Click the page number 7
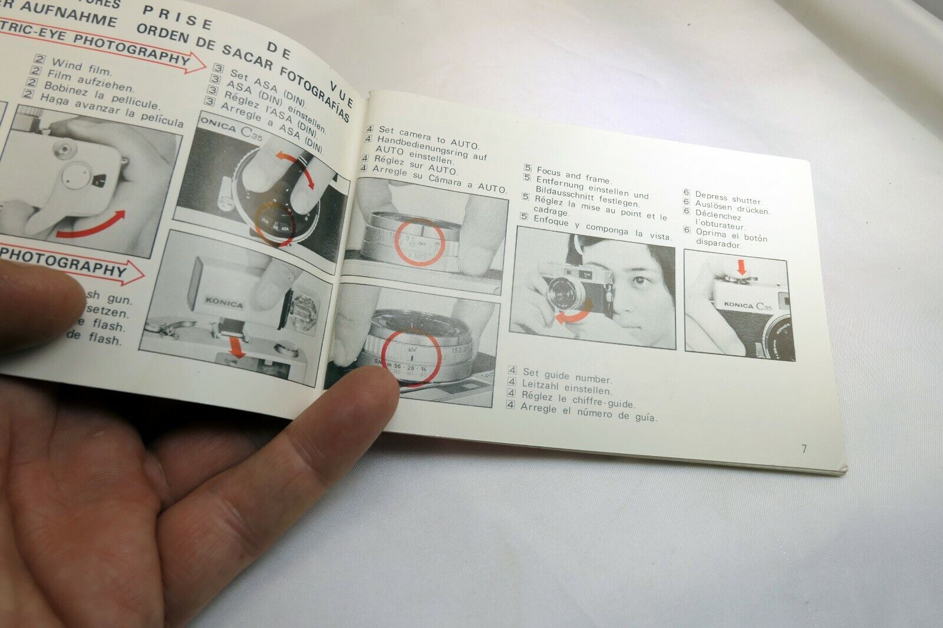(804, 449)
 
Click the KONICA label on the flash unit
(224, 304)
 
